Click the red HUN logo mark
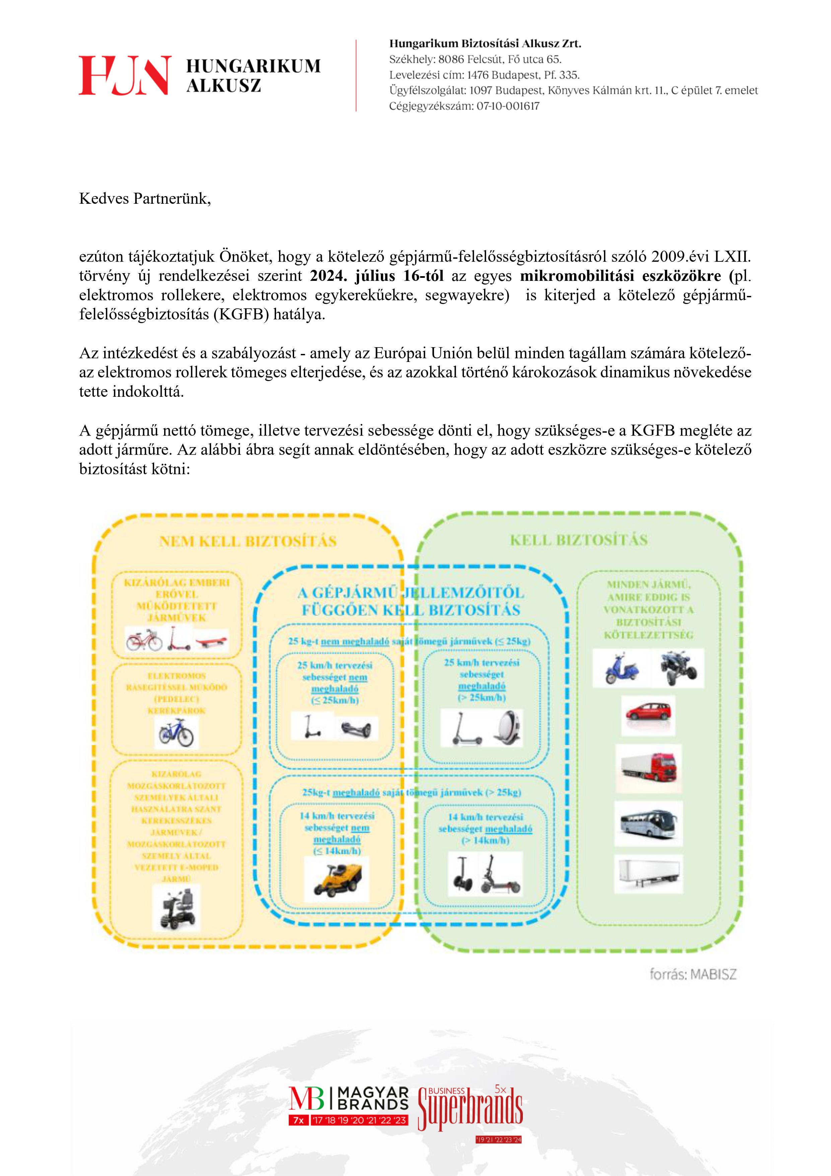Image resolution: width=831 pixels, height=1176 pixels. point(124,75)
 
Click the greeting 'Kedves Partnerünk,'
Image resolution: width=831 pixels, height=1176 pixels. point(145,199)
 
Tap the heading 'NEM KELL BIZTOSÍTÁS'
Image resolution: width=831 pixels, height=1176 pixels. point(248,541)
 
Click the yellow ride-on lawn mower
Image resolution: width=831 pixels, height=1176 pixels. point(336,879)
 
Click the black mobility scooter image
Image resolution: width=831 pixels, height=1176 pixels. point(177,908)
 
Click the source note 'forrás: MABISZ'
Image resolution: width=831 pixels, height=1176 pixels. point(693,974)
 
